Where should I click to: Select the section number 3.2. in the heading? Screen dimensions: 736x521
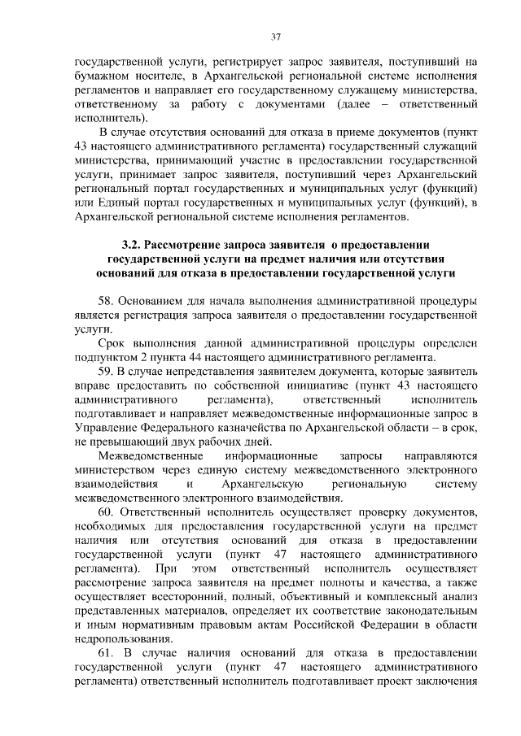point(133,244)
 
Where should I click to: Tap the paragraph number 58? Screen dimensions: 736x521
point(107,301)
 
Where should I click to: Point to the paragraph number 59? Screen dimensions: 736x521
point(107,372)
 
